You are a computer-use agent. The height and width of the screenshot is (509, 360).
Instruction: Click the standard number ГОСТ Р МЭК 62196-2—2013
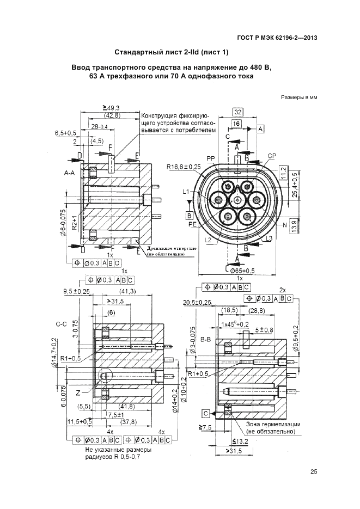pos(278,38)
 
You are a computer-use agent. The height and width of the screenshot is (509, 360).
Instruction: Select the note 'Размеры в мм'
pos(299,98)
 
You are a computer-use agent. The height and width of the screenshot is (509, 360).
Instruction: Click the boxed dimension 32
pos(237,112)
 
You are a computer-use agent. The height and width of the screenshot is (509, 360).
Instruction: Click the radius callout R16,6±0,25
pos(184,166)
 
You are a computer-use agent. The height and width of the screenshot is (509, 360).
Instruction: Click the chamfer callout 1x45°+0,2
pos(234,324)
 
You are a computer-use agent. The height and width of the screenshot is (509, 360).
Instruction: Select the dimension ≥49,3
pos(111,107)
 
